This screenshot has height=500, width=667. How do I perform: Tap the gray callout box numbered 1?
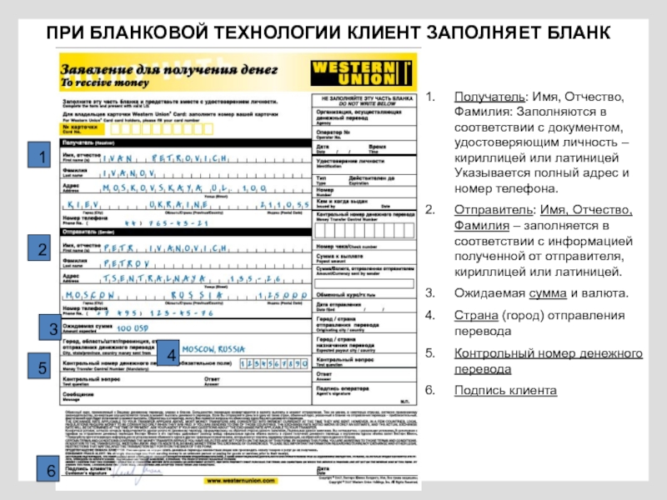(39, 157)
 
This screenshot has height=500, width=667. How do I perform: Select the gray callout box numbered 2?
(39, 247)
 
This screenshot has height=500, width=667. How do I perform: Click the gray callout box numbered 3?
(53, 329)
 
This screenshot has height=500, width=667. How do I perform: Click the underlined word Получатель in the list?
(480, 97)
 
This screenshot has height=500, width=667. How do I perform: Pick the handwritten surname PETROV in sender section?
(125, 262)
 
